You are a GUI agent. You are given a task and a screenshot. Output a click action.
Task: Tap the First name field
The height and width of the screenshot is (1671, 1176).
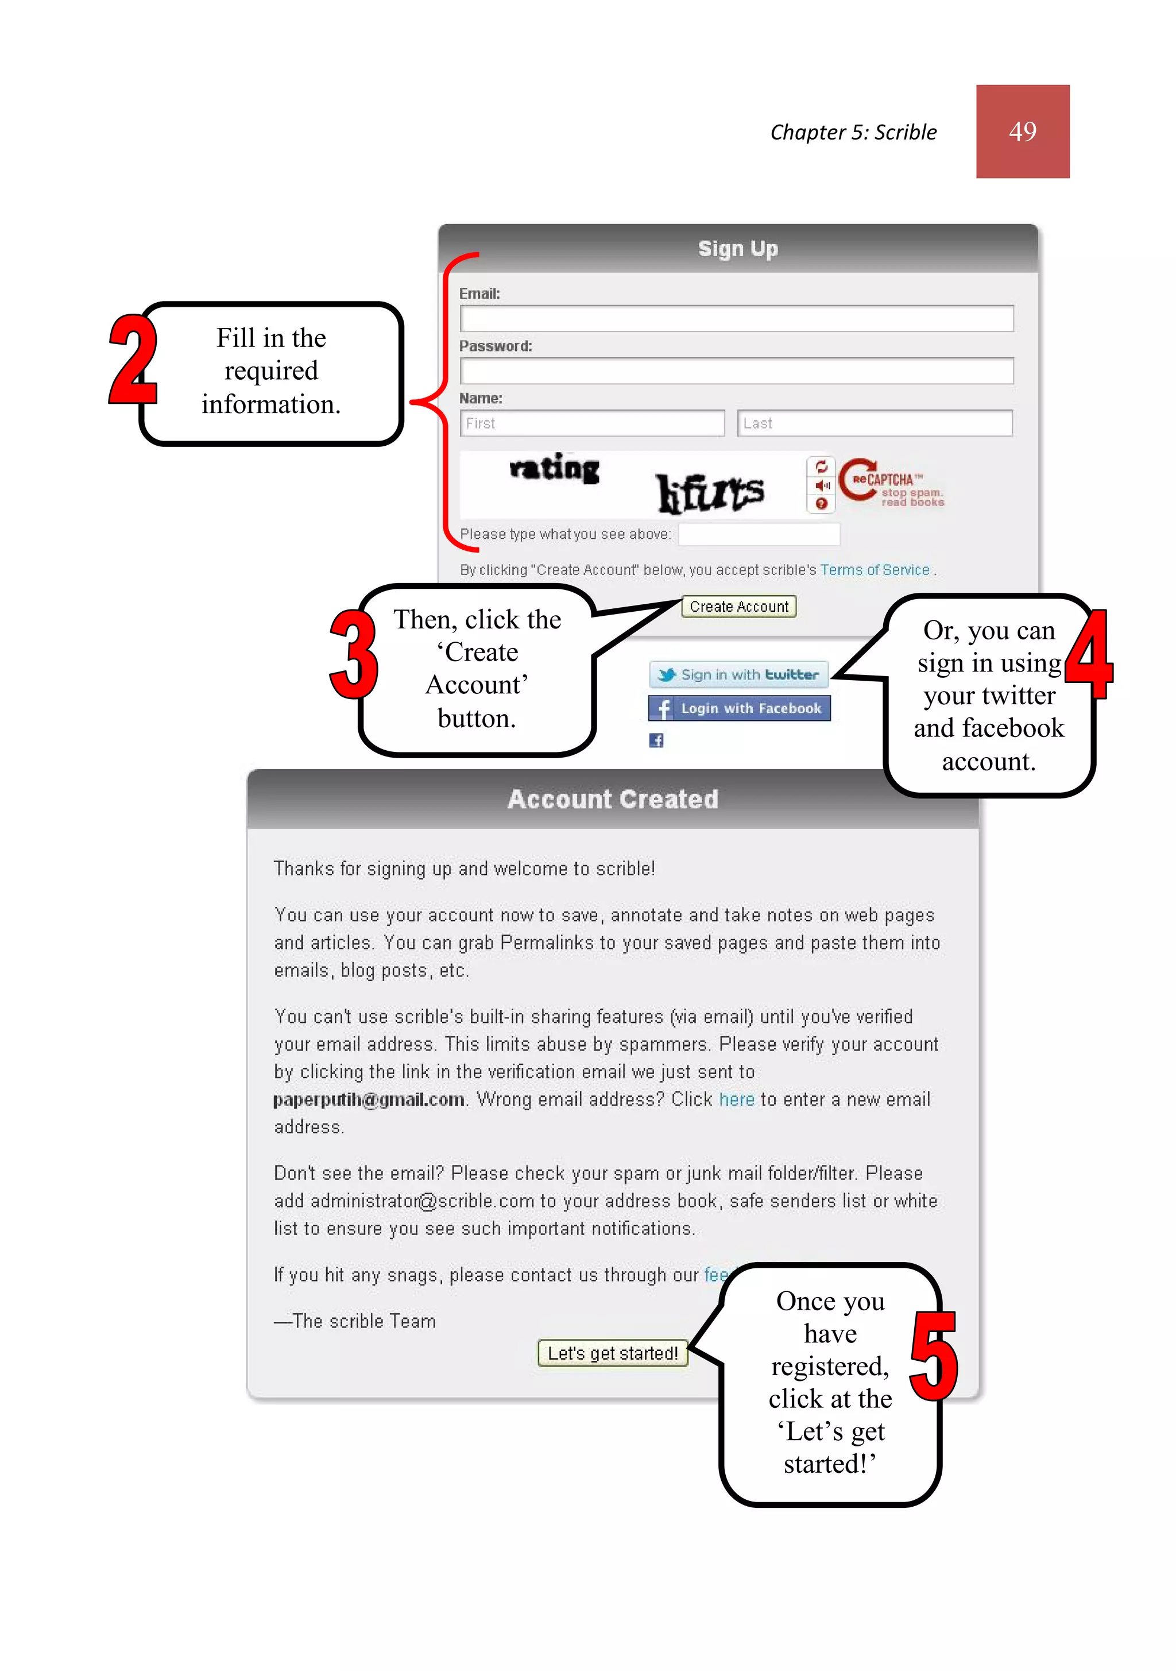591,423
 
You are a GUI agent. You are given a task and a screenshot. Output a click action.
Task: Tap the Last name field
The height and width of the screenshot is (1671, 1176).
874,423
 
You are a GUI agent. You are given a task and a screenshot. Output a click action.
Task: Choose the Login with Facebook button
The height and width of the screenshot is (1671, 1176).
738,708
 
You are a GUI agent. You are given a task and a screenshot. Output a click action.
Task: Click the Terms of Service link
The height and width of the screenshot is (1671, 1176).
874,570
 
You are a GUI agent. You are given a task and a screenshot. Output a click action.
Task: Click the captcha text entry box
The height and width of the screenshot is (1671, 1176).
759,534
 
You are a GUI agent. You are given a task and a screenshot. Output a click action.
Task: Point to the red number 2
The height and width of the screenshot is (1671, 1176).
133,360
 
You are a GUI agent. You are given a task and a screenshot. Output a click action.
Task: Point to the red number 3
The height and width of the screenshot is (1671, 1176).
354,654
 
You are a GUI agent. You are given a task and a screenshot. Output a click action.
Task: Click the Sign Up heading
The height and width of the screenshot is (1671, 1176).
737,249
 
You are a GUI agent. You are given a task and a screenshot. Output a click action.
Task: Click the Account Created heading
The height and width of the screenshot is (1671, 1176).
612,799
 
